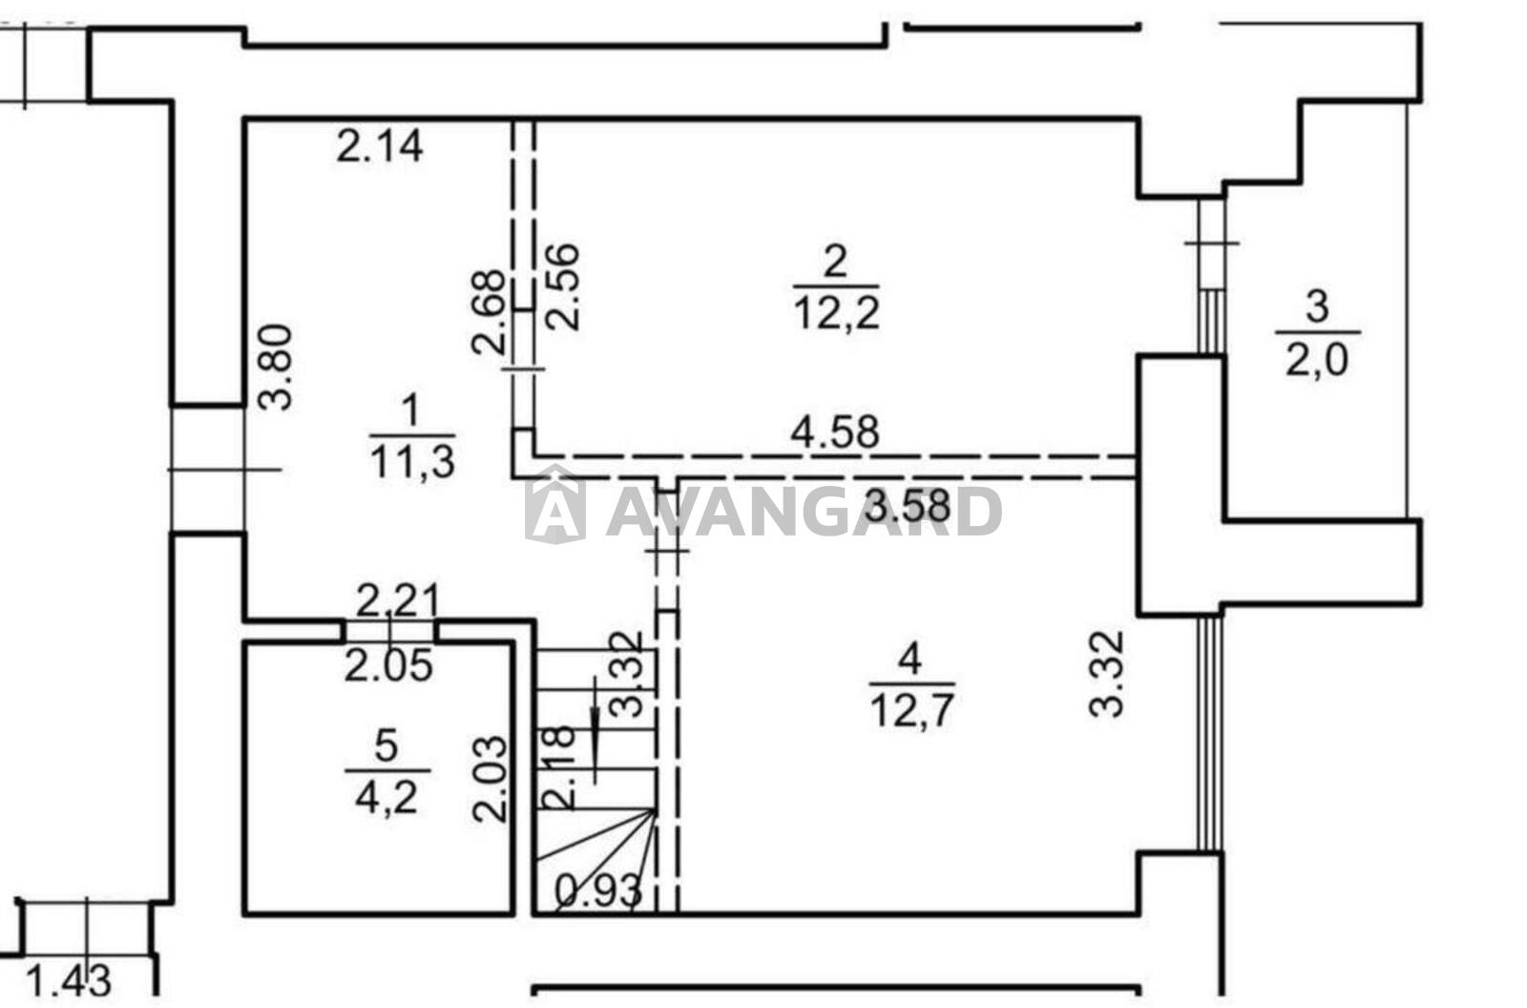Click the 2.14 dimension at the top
coord(380,146)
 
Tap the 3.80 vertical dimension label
coord(276,367)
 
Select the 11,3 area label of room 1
coord(412,461)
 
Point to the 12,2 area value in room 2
coord(836,314)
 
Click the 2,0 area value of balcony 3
coord(1317,360)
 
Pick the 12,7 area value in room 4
coord(911,711)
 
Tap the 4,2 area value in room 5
coord(387,797)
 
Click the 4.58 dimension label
coord(835,431)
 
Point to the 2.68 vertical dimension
coord(488,312)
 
